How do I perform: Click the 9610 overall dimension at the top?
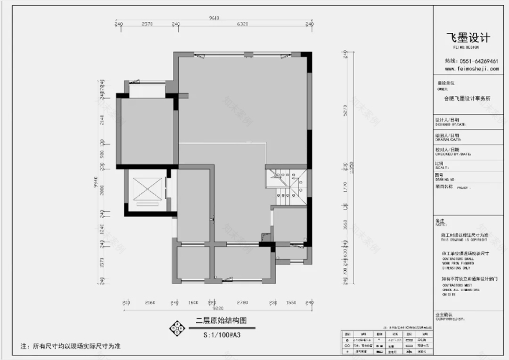213,18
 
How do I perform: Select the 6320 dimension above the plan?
242,24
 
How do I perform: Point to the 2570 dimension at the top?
147,24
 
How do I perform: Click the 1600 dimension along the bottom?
193,302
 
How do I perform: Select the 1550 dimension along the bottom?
290,302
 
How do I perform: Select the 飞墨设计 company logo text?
468,38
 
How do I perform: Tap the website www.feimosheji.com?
470,68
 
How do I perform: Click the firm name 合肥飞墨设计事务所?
467,98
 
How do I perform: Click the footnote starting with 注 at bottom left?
70,346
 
